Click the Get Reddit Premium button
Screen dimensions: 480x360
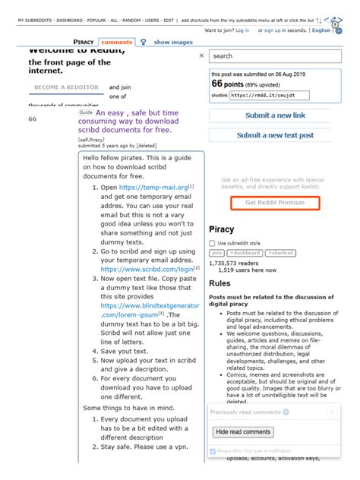[275, 203]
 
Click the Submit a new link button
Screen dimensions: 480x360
[275, 115]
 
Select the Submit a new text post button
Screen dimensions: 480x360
[275, 135]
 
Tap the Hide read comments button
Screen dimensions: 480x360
[242, 431]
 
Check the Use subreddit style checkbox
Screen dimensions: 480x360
[213, 242]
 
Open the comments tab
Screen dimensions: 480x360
[116, 42]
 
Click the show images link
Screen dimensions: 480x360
[173, 42]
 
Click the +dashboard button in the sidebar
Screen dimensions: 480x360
[245, 253]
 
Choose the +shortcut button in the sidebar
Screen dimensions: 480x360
[280, 253]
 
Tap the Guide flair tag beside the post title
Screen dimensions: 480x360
[85, 112]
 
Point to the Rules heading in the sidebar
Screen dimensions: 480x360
[220, 283]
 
